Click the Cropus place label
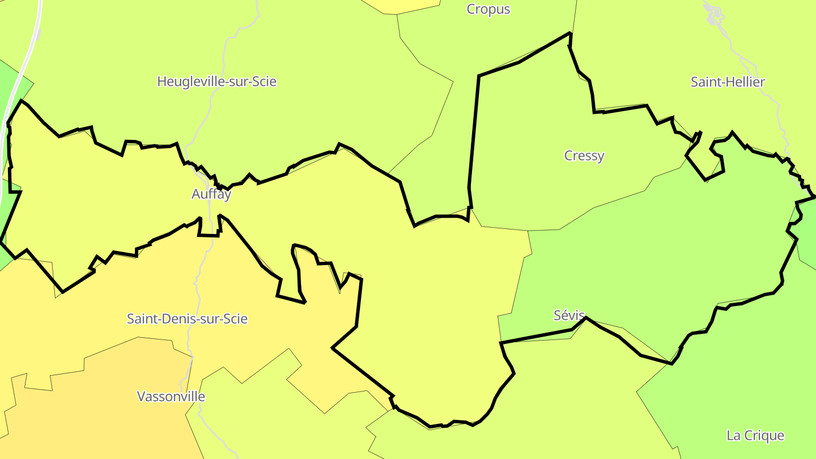pos(488,9)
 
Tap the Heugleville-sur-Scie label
pos(216,82)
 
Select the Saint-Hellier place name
pos(728,82)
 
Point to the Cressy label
pos(584,155)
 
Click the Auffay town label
pos(211,194)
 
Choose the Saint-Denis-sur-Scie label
pos(187,319)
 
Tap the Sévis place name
pos(569,316)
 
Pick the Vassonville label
pos(171,397)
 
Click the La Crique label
pos(755,435)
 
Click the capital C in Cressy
pos(569,155)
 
